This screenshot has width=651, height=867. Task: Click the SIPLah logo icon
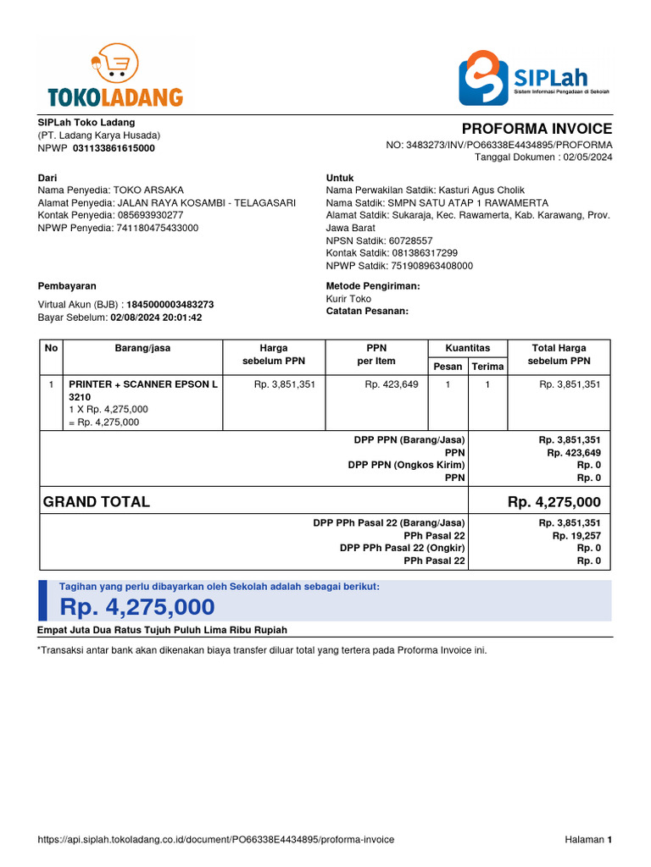point(482,77)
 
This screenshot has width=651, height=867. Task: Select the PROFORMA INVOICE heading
point(536,129)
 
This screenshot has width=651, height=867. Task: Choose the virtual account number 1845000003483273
point(170,305)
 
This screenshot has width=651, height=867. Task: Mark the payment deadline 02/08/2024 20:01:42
point(156,318)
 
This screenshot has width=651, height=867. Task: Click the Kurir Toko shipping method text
point(348,299)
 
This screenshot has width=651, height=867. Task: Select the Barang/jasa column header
point(142,348)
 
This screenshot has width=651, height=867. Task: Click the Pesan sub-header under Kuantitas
point(448,367)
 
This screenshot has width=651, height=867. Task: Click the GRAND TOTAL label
point(97,502)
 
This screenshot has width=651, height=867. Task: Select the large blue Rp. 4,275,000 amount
point(136,607)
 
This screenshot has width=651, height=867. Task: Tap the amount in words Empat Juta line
point(163,630)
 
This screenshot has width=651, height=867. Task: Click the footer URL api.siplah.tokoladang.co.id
point(216,840)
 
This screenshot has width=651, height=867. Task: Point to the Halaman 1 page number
point(587,840)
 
